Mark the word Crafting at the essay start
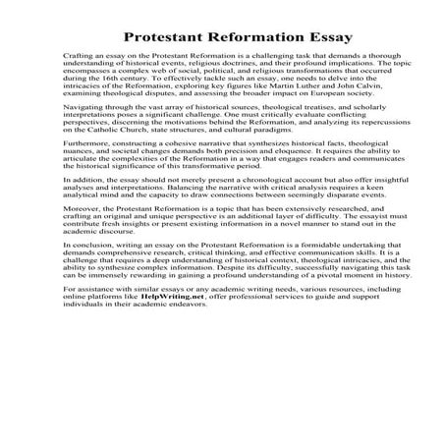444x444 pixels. [81, 61]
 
